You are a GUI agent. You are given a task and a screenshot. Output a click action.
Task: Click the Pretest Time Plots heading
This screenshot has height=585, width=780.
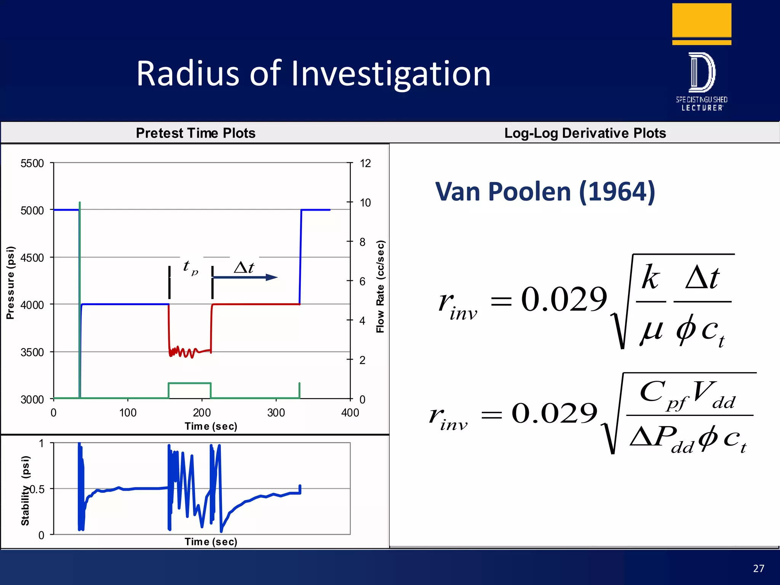(195, 133)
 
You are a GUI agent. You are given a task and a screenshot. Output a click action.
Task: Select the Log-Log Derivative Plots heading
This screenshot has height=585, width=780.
(585, 133)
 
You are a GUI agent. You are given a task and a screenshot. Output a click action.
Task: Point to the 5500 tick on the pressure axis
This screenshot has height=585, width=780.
(32, 163)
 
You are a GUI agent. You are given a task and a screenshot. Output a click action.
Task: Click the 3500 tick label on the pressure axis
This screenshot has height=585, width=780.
(32, 352)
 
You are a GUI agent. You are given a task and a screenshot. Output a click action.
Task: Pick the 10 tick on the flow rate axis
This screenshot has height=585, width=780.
(365, 203)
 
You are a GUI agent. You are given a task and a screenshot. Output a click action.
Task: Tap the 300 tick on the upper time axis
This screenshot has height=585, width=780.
(276, 412)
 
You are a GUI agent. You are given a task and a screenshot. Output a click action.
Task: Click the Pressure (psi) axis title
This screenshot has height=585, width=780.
(11, 283)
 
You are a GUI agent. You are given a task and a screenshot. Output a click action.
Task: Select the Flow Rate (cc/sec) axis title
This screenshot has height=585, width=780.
(380, 286)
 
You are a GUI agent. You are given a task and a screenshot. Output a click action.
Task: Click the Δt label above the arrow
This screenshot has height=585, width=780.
(244, 267)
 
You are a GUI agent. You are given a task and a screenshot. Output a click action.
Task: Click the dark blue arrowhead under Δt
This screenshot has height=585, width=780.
(272, 277)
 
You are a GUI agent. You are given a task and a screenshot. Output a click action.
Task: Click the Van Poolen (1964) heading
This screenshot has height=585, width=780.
(545, 192)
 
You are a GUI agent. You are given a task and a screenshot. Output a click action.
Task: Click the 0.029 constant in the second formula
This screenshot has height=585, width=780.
(554, 413)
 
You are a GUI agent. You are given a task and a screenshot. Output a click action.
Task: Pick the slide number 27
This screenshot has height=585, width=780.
(758, 568)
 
